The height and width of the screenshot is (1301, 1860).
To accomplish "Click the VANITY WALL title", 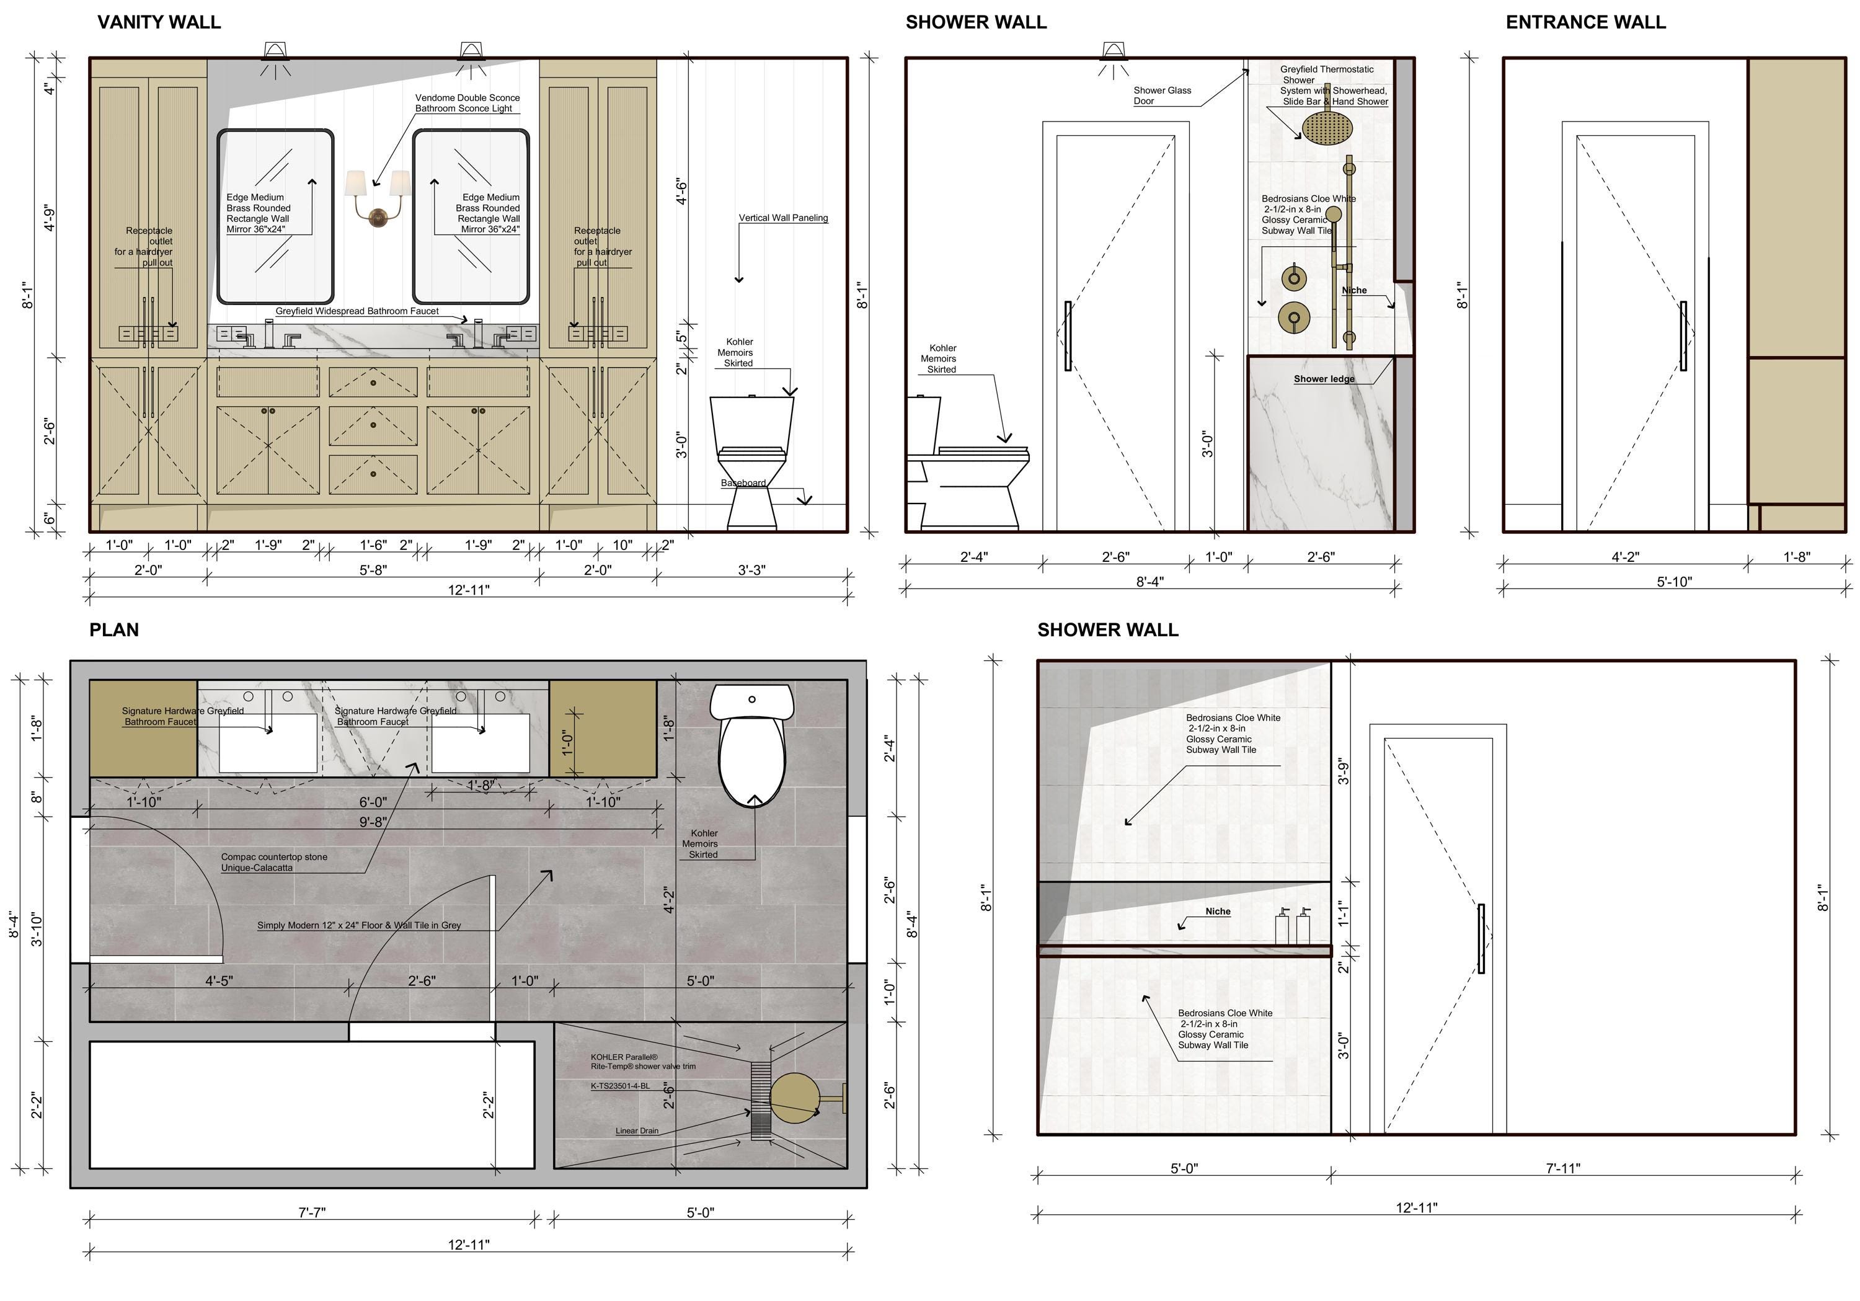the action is click(x=159, y=22).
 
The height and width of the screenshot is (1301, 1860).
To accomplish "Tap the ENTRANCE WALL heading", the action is click(x=1585, y=22).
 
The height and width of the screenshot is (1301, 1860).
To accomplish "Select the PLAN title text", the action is click(x=114, y=629).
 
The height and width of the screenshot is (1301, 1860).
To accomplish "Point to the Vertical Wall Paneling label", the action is click(x=784, y=218).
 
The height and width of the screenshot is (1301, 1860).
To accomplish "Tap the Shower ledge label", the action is click(x=1324, y=379).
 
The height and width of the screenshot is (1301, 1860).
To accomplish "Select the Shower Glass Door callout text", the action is click(x=1162, y=95).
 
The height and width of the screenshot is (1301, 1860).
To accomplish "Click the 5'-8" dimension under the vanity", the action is click(x=373, y=569).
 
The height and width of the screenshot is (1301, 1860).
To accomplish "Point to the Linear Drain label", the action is click(x=637, y=1131).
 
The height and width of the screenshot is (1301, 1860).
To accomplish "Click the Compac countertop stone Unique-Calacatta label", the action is click(x=275, y=862).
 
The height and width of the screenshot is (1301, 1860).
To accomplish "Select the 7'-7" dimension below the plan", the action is click(x=312, y=1213).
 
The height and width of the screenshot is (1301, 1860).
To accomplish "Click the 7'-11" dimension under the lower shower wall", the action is click(x=1562, y=1168).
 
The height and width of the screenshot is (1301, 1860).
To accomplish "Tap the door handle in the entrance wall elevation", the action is click(x=1683, y=336).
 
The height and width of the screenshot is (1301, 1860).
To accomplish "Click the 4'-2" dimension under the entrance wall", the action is click(x=1625, y=556).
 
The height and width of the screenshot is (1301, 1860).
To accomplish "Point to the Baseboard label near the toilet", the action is click(x=743, y=484).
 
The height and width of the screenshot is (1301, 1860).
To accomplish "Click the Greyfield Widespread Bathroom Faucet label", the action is click(x=357, y=311).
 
